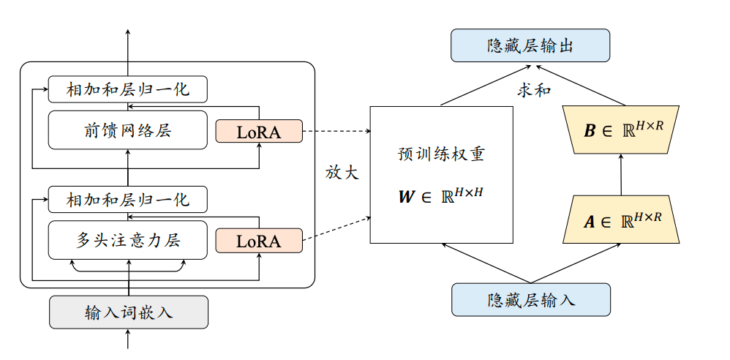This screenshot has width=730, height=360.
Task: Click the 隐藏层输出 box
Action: (530, 45)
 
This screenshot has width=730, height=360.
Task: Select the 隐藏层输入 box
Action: (530, 300)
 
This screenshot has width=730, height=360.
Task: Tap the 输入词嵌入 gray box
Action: (129, 313)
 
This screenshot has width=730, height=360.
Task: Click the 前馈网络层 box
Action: (129, 131)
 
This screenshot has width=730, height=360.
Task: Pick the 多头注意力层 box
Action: (129, 240)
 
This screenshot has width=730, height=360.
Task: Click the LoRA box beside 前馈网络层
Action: (259, 132)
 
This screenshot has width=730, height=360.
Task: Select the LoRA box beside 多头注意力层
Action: (259, 241)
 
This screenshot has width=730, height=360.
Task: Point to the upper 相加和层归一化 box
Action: (129, 89)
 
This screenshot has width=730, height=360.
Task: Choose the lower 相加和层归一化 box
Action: (129, 199)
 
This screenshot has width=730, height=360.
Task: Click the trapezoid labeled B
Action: (621, 130)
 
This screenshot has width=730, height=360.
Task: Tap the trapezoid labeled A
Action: (621, 219)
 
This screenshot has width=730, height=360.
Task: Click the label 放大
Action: (342, 173)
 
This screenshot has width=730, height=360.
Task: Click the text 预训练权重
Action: (441, 155)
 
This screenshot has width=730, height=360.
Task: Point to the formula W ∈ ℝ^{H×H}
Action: (441, 196)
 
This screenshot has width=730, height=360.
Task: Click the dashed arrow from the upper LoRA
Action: (336, 132)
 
